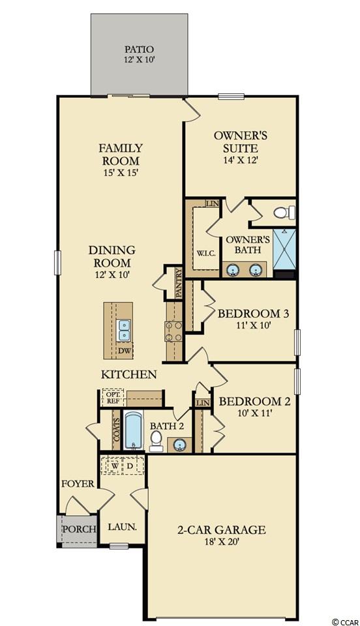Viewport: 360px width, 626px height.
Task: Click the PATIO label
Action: pyautogui.click(x=139, y=50)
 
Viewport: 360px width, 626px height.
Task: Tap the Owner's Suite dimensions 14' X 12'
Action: pyautogui.click(x=240, y=160)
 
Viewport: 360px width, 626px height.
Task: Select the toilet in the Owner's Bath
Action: pyautogui.click(x=284, y=212)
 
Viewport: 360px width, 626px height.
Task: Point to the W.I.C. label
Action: pyautogui.click(x=206, y=253)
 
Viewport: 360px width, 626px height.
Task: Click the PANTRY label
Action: pyautogui.click(x=179, y=283)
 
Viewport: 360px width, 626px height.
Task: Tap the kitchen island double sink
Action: pyautogui.click(x=124, y=330)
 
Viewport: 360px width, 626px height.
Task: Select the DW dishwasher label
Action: pyautogui.click(x=125, y=351)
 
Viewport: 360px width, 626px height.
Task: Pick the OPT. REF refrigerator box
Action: pyautogui.click(x=112, y=398)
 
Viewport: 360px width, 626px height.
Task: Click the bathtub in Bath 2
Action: pyautogui.click(x=132, y=431)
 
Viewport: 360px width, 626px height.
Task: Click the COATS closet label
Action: pyautogui.click(x=117, y=429)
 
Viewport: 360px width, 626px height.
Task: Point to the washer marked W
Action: pyautogui.click(x=115, y=466)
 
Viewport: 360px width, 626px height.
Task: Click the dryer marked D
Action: pyautogui.click(x=130, y=466)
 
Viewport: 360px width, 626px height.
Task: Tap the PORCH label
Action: pyautogui.click(x=80, y=529)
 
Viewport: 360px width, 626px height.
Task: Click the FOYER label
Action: pyautogui.click(x=78, y=484)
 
